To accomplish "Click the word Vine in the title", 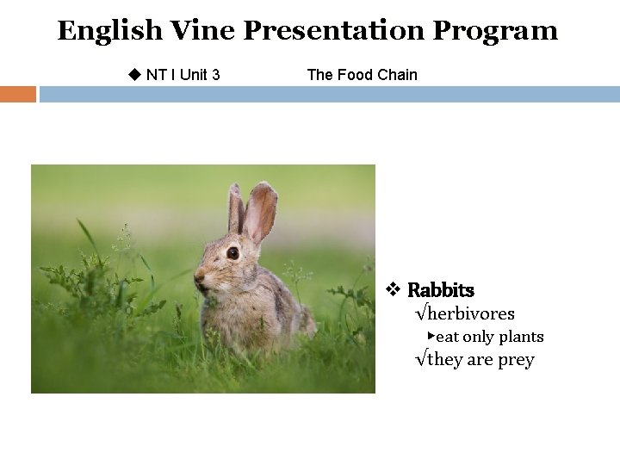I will point(201,31).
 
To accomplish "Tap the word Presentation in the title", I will point(333,31).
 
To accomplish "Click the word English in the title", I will point(109,31).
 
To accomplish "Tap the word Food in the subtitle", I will point(355,75).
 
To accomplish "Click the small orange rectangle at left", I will point(17,94).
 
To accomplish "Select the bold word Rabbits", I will point(440,290).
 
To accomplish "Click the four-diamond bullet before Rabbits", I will point(394,289).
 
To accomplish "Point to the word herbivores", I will point(470,313).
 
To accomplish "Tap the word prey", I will point(516,360).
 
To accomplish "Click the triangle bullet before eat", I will point(431,335).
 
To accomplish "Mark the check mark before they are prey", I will point(420,360).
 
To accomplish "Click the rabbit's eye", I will point(232,252).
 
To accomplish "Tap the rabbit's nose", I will point(200,276).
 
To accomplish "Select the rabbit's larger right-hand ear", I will point(260,211).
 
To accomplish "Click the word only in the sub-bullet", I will point(479,337).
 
